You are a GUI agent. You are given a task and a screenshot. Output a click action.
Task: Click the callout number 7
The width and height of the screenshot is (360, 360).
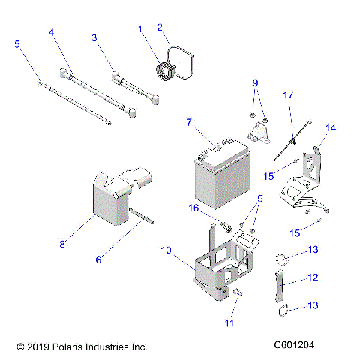(x=189, y=121)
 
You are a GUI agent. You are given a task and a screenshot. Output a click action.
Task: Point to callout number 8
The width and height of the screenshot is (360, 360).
(x=62, y=243)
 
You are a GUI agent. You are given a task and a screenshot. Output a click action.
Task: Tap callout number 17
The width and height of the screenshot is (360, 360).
(x=287, y=95)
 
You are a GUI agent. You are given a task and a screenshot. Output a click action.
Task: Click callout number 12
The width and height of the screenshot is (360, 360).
(x=313, y=277)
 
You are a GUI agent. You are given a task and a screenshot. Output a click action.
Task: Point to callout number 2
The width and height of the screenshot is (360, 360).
(x=160, y=28)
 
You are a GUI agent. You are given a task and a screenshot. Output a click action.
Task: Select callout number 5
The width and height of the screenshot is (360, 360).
(x=17, y=44)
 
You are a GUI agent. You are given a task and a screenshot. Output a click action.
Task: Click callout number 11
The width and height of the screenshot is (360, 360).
(x=229, y=323)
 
